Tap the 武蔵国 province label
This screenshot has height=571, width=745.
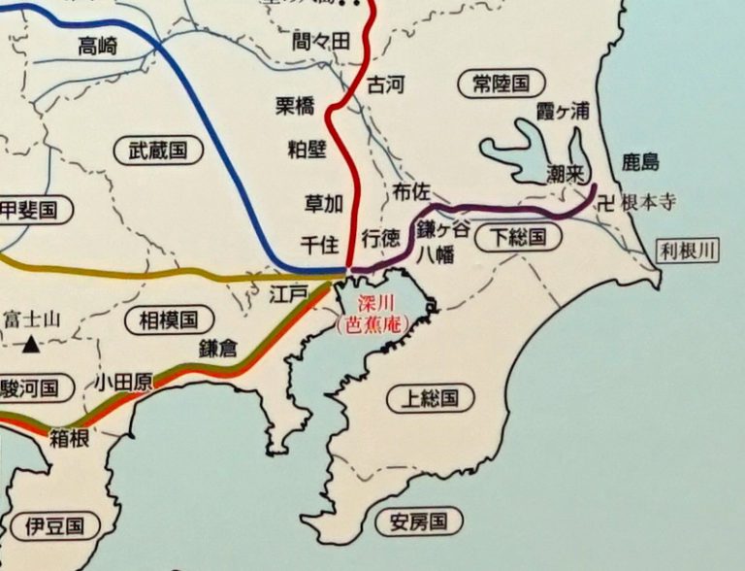(158, 150)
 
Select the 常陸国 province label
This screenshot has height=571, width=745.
(495, 84)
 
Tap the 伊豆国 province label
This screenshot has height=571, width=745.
(55, 527)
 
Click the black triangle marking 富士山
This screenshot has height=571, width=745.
(32, 344)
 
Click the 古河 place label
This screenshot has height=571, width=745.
(385, 85)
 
